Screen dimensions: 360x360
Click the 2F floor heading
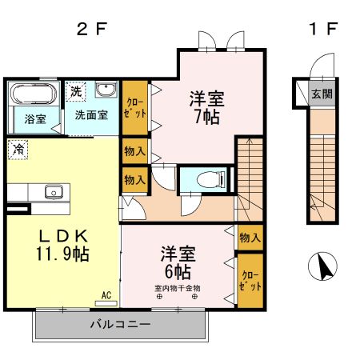tap(90, 30)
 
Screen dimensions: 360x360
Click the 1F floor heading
tap(322, 30)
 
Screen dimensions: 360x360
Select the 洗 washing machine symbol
tap(75, 91)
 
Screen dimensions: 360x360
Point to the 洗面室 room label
tap(91, 114)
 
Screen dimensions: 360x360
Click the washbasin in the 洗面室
tap(106, 90)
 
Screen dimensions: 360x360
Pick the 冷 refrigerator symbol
tap(18, 148)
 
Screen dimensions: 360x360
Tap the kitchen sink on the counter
tap(54, 191)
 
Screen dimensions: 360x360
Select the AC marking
tap(105, 295)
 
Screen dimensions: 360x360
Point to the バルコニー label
tap(119, 325)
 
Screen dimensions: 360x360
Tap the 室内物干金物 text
tap(177, 288)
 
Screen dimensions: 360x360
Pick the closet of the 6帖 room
tap(250, 281)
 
